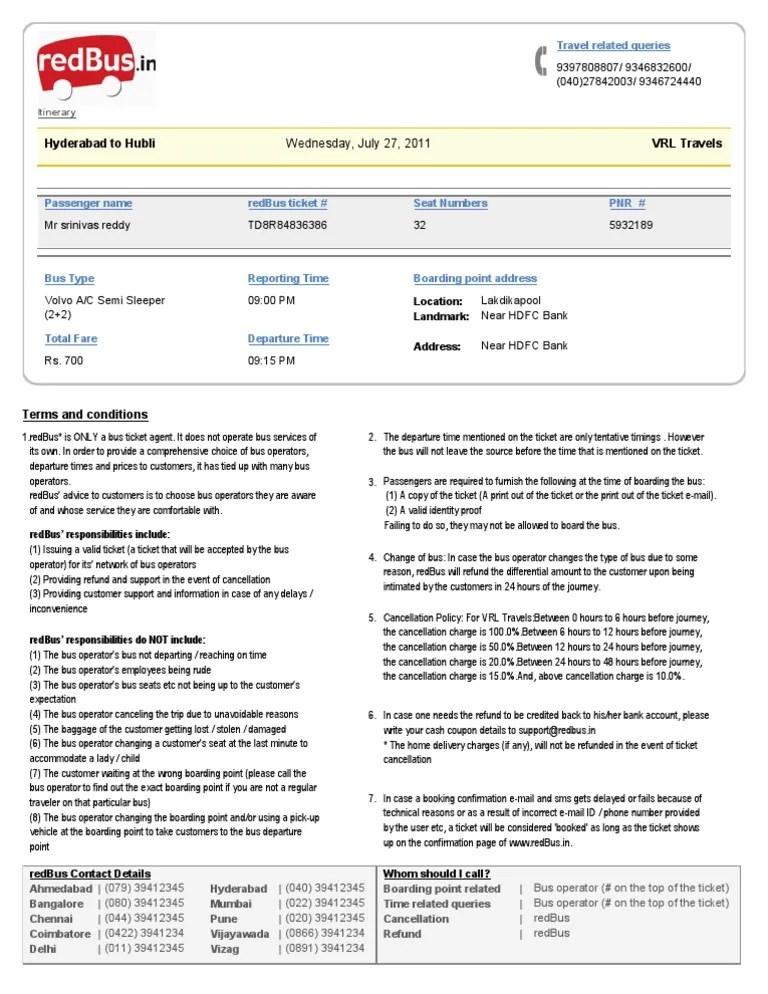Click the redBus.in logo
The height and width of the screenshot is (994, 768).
[97, 66]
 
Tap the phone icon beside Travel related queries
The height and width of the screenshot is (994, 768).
[541, 61]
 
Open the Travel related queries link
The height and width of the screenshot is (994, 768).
[613, 46]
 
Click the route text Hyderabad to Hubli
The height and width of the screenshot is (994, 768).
[100, 143]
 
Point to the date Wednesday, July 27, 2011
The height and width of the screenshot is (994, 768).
[358, 143]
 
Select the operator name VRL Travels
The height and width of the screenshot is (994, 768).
[686, 143]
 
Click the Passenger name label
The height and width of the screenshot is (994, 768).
[88, 203]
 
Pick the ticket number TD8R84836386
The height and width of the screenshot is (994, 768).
[287, 225]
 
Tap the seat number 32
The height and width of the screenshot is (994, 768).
[420, 225]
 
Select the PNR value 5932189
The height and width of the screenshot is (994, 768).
[631, 225]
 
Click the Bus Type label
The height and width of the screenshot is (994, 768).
[69, 279]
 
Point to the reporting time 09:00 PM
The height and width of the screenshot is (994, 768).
[271, 300]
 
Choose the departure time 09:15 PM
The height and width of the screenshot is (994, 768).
[271, 360]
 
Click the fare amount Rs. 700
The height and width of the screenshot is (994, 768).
[64, 360]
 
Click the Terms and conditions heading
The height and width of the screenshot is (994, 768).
[85, 415]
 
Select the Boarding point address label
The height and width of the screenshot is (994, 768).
[475, 279]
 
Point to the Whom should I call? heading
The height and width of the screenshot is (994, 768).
[437, 874]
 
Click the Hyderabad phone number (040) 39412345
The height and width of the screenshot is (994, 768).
[325, 888]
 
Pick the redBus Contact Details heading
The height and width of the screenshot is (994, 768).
[91, 874]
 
